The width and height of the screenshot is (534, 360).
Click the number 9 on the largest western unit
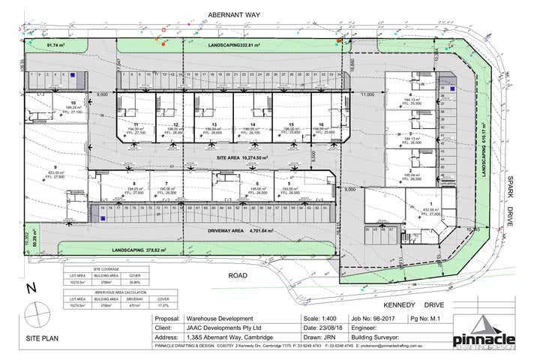[55, 167]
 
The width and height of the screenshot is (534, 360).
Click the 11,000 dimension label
[367, 95]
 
